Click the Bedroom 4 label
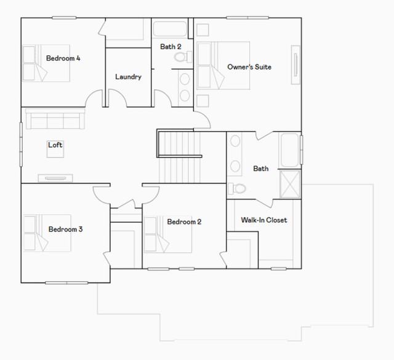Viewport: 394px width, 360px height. (x=63, y=58)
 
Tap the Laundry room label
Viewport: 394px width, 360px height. (x=128, y=77)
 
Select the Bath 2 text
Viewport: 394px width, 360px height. (x=171, y=47)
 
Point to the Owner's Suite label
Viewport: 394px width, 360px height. (x=249, y=67)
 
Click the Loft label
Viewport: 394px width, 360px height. (x=55, y=145)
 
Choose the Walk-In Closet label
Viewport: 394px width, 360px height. (x=264, y=220)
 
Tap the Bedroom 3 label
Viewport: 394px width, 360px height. (x=65, y=229)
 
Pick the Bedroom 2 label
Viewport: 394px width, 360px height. (x=184, y=222)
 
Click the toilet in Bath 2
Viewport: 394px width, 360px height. (x=183, y=57)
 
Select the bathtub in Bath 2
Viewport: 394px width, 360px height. (x=170, y=30)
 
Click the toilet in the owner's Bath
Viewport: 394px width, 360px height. (x=236, y=188)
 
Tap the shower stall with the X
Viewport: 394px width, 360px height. (x=290, y=185)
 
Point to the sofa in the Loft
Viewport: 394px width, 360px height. (x=55, y=119)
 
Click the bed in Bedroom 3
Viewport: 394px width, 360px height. (x=47, y=233)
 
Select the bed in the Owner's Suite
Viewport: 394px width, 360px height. (x=223, y=66)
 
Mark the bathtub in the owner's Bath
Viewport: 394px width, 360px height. (x=290, y=150)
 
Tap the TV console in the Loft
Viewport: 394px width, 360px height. (x=55, y=178)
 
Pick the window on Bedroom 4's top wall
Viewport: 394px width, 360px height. (x=64, y=18)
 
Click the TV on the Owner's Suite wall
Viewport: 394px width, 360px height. (x=295, y=65)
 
